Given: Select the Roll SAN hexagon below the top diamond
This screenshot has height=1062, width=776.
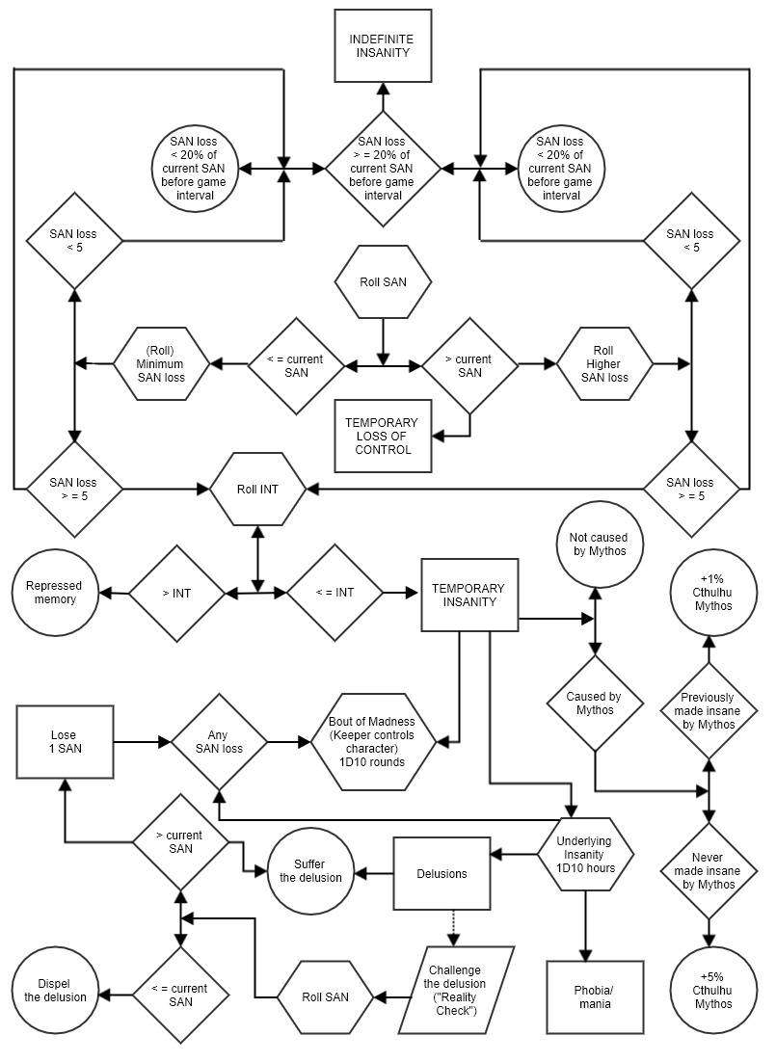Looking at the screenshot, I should pos(383,282).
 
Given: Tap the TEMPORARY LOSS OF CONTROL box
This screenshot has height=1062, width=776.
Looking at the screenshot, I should pos(383,436).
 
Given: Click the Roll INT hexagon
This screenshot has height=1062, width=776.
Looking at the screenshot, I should pos(257,489).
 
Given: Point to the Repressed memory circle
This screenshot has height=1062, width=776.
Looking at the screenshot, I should pos(54,592).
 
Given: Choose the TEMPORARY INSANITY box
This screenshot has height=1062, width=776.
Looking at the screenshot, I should pos(469,595).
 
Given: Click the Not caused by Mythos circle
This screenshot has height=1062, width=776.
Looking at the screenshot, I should pos(598,544).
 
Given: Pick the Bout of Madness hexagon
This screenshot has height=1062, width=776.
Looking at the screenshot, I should pos(372,741).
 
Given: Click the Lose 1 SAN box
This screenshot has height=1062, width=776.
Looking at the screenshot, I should pos(64,741).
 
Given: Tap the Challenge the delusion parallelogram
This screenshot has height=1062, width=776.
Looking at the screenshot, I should pos(454,989).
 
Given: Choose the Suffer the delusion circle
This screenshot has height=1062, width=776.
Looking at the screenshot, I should pos(310,870).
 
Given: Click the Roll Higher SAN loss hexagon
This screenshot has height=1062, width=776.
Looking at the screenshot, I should pos(604,364).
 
